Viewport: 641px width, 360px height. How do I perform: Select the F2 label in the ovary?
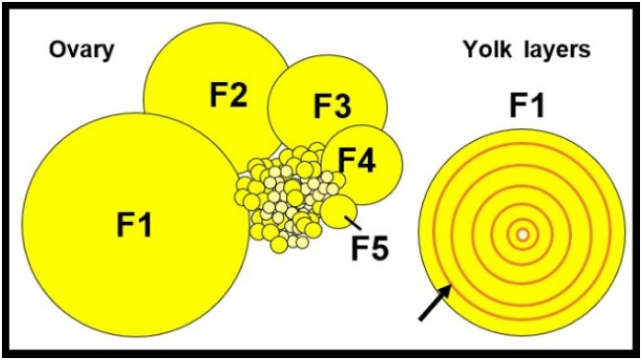click(228, 95)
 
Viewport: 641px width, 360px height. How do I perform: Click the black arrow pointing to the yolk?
click(433, 302)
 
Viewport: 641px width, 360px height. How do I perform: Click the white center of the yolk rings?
click(522, 235)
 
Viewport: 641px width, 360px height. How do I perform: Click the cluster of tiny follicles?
click(287, 197)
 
